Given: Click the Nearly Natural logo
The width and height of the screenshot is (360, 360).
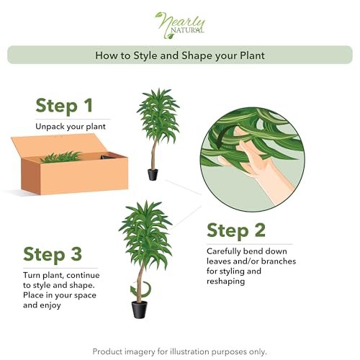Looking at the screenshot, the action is pyautogui.click(x=180, y=25).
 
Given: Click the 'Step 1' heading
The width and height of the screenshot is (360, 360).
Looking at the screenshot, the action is pyautogui.click(x=64, y=106).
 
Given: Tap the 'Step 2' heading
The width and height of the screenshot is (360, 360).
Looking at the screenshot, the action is pyautogui.click(x=236, y=230).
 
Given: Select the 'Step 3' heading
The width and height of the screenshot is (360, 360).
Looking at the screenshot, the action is pyautogui.click(x=53, y=254).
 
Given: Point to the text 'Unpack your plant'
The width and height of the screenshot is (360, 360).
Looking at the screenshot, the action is pyautogui.click(x=71, y=127).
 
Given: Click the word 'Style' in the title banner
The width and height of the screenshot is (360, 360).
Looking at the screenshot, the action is pyautogui.click(x=145, y=55).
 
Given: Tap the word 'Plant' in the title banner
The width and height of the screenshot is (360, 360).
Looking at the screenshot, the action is pyautogui.click(x=253, y=55).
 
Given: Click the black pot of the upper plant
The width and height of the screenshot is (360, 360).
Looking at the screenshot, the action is pyautogui.click(x=153, y=174).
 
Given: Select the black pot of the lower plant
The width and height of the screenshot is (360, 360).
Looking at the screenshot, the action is pyautogui.click(x=140, y=310).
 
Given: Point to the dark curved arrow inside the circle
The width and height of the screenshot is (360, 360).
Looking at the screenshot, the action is pyautogui.click(x=221, y=138).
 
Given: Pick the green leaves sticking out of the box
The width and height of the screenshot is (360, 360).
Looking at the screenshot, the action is pyautogui.click(x=61, y=157).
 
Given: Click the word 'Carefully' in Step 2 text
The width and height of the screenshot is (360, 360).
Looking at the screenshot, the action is pyautogui.click(x=224, y=252).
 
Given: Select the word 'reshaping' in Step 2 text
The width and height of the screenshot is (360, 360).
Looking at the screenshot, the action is pyautogui.click(x=226, y=282).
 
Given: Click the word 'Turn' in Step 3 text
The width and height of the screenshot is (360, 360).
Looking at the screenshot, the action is pyautogui.click(x=32, y=275).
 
